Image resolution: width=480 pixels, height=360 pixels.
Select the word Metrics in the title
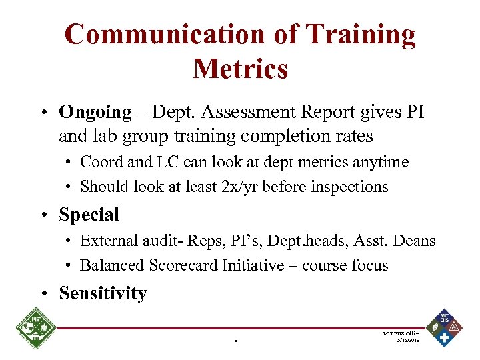tap(240, 68)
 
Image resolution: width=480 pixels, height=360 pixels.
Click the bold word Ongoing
tap(95, 112)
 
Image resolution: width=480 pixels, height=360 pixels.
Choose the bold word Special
tap(89, 215)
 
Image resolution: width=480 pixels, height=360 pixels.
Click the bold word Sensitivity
tap(103, 293)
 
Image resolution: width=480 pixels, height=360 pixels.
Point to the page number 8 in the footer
tap(236, 343)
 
